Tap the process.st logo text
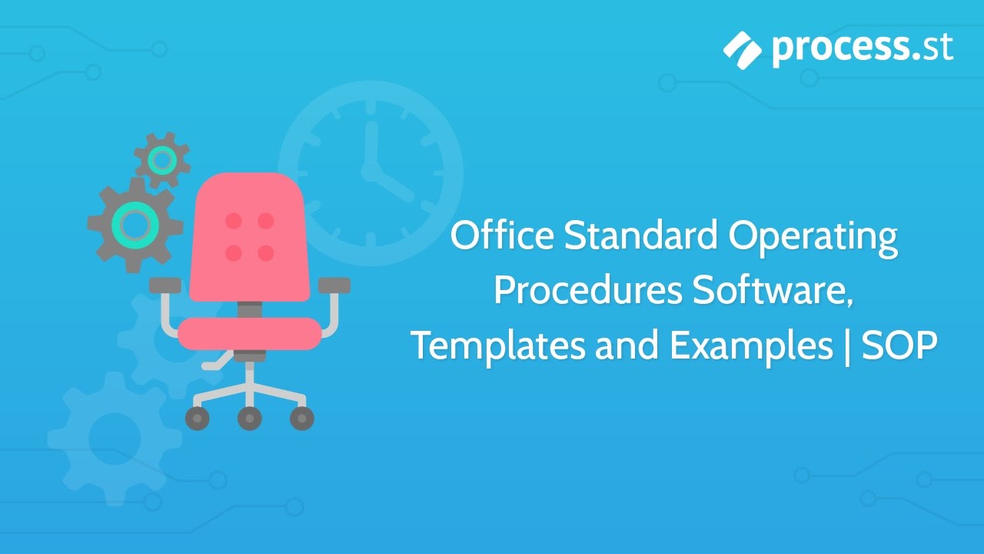863,48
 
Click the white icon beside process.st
743,48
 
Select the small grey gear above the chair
161,160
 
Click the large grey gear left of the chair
135,223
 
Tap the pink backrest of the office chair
249,235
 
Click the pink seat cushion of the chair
249,333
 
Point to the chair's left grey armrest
165,285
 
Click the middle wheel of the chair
249,419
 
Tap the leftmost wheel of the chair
198,419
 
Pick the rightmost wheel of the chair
301,419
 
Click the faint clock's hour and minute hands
384,169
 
